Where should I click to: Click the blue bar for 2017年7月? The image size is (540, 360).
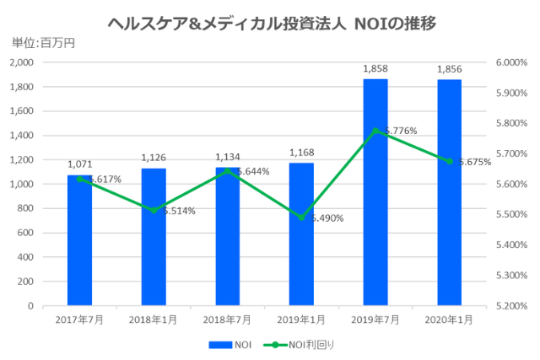click(x=79, y=240)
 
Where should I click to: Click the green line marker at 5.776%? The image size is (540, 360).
click(x=375, y=131)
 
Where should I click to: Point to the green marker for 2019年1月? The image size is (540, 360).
click(x=301, y=218)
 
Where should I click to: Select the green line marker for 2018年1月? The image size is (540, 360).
click(x=154, y=210)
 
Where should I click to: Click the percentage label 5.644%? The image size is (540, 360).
click(x=252, y=172)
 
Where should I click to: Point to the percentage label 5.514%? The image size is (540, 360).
click(x=178, y=211)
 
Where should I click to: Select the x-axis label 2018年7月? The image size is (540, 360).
click(x=227, y=320)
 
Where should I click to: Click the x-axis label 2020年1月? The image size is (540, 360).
click(x=449, y=320)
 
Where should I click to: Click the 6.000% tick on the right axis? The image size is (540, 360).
click(x=510, y=62)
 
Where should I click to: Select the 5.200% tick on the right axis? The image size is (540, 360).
click(x=510, y=306)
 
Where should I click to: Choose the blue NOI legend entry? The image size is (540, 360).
click(x=229, y=344)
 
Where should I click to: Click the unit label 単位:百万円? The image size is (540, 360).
click(x=43, y=42)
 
